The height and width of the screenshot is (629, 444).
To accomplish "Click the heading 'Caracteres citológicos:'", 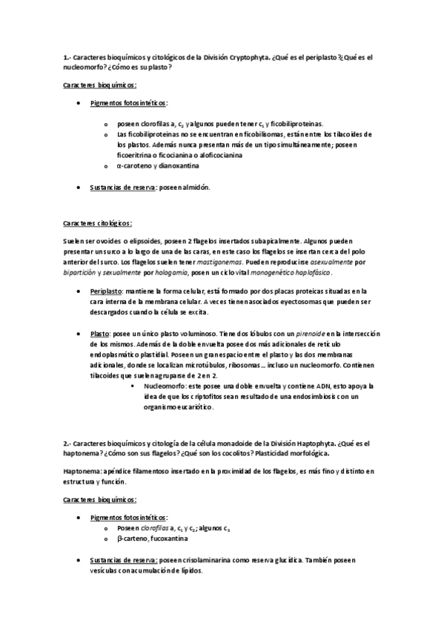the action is tap(97, 222).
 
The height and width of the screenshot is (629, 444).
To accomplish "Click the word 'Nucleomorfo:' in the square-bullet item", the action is tap(168, 386).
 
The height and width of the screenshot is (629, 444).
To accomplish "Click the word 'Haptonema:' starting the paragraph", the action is tap(84, 472).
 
